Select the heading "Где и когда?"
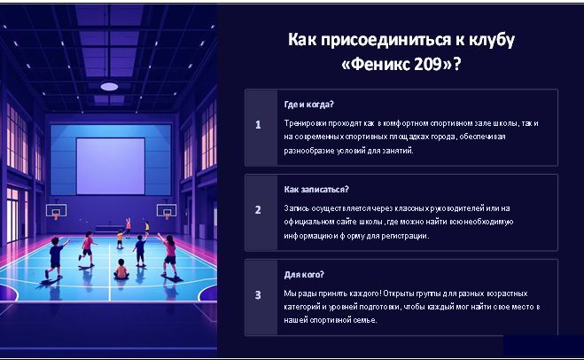coord(308,105)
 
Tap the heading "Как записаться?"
coord(316,190)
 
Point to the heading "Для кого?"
coord(304,275)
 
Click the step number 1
coord(258,125)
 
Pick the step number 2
coord(258,210)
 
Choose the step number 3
coord(258,295)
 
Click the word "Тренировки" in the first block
coord(305,123)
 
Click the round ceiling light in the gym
coord(109,87)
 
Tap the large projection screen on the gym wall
coord(111,166)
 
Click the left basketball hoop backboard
coord(56,210)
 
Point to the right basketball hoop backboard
coord(167,210)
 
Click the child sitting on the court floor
coord(121,270)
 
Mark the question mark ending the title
coord(457,64)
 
